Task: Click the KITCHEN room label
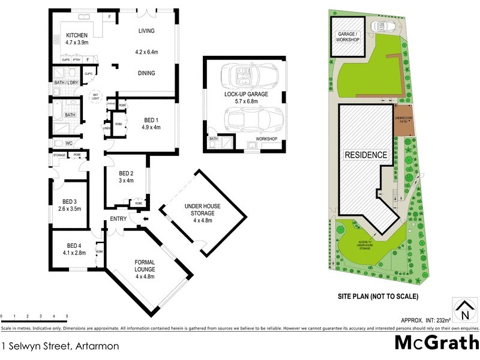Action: tap(77, 35)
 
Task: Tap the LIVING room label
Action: tap(146, 30)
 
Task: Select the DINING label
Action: tap(146, 73)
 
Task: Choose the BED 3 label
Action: tap(70, 201)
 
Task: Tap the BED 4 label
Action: tap(73, 245)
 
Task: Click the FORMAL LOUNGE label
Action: tap(145, 263)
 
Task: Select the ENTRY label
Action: tap(118, 219)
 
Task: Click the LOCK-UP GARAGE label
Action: tap(246, 95)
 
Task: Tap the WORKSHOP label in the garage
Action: tap(266, 139)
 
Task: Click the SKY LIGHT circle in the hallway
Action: tap(95, 98)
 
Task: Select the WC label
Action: tap(69, 143)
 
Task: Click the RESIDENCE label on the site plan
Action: tap(365, 155)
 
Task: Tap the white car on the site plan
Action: tap(382, 26)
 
